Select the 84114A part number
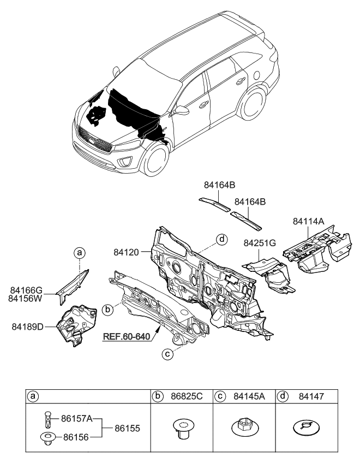point(308,221)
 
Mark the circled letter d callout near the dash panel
point(221,239)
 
